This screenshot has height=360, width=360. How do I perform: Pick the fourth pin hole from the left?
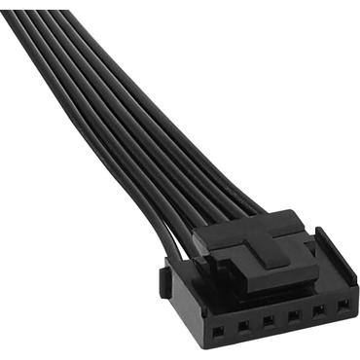coord(291,316)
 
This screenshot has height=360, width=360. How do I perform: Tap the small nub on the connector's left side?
coord(166,281)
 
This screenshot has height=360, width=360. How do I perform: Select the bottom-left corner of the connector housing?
coord(200,352)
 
